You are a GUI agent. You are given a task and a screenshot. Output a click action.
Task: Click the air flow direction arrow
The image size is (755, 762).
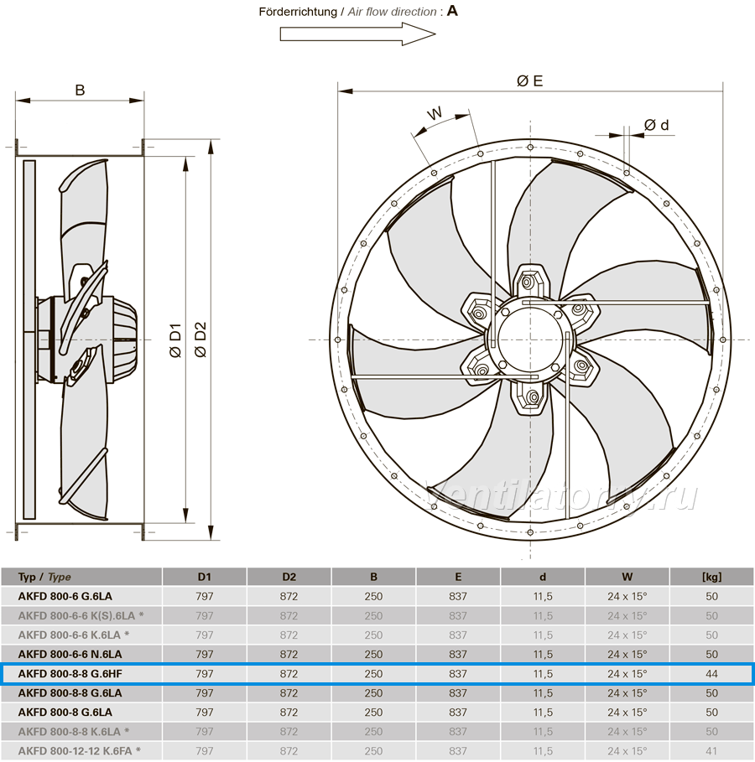pyautogui.click(x=357, y=34)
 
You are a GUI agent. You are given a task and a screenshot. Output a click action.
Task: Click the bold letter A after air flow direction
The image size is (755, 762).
pyautogui.click(x=452, y=11)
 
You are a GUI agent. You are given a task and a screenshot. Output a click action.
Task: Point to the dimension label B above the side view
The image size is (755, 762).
pyautogui.click(x=80, y=90)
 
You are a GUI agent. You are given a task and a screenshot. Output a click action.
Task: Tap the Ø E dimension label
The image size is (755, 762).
pyautogui.click(x=530, y=80)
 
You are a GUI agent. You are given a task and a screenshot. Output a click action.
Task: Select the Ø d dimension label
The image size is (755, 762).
pyautogui.click(x=656, y=125)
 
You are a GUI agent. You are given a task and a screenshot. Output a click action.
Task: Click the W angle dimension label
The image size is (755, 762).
pyautogui.click(x=435, y=114)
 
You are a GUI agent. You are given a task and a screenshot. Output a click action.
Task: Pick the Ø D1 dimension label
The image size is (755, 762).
pyautogui.click(x=175, y=340)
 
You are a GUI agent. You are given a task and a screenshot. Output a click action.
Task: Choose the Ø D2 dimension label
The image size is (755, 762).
pyautogui.click(x=200, y=340)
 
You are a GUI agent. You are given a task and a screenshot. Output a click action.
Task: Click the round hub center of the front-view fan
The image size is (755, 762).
pyautogui.click(x=530, y=340)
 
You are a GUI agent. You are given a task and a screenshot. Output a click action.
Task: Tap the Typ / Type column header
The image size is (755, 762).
pyautogui.click(x=44, y=577)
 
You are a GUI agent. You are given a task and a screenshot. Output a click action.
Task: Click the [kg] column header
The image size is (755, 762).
pyautogui.click(x=711, y=577)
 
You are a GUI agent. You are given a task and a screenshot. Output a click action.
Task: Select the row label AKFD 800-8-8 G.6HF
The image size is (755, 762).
pyautogui.click(x=70, y=673)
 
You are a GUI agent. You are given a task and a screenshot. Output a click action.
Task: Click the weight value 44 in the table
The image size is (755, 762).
pyautogui.click(x=711, y=673)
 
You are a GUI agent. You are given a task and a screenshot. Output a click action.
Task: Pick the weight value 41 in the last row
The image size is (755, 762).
pyautogui.click(x=711, y=751)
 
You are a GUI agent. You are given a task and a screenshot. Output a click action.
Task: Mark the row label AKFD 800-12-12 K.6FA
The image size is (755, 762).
pyautogui.click(x=75, y=751)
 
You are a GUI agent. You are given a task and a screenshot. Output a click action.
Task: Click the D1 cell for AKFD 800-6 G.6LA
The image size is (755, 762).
pyautogui.click(x=205, y=596)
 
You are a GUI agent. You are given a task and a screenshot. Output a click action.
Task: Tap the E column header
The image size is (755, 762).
pyautogui.click(x=458, y=577)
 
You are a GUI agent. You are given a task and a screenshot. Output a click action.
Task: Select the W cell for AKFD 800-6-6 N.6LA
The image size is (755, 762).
pyautogui.click(x=627, y=654)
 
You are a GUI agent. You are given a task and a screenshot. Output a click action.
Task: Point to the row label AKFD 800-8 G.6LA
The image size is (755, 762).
pyautogui.click(x=65, y=712)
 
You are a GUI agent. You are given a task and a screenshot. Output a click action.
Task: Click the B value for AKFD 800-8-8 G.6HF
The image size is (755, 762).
pyautogui.click(x=373, y=673)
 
